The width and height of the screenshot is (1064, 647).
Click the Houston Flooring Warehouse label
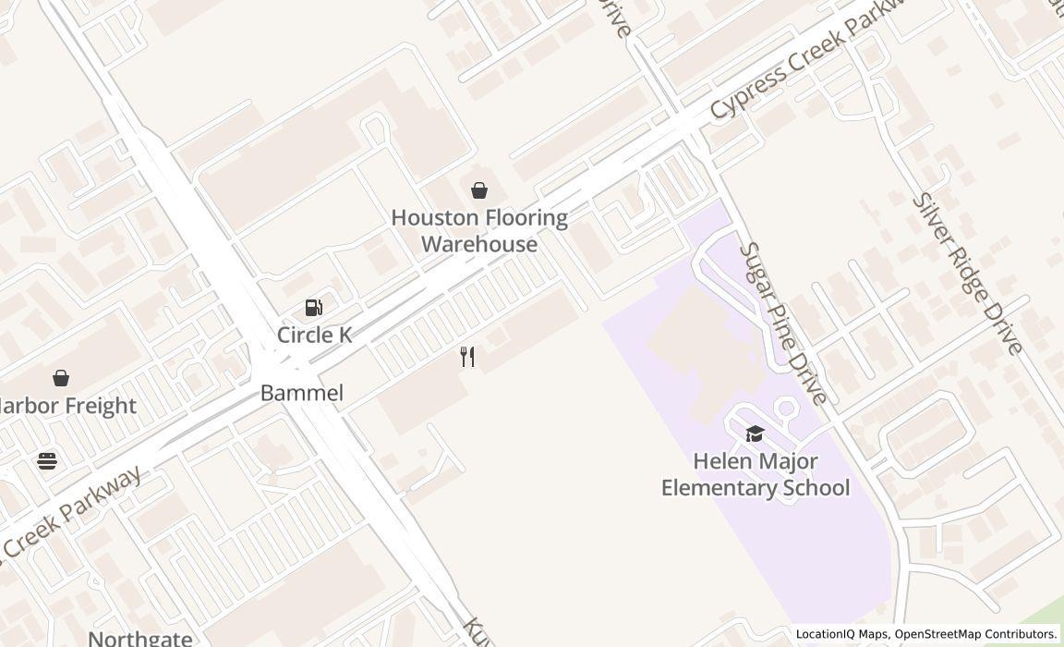pos(478,231)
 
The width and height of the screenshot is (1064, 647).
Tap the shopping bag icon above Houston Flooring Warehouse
pos(479,190)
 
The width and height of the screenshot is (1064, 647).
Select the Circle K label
pos(314,335)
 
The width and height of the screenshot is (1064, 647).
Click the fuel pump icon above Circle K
pos(314,308)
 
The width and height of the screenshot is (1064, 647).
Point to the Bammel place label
pos(301,393)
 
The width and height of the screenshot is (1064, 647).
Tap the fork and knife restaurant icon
pos(468,358)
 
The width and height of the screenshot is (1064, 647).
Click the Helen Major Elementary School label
pos(755,474)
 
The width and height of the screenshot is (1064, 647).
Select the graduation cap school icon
pos(755,434)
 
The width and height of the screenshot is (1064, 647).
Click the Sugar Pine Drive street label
pos(782,323)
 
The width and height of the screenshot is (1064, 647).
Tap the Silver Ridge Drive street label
pos(967,274)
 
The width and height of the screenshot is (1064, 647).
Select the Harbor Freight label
pos(66,406)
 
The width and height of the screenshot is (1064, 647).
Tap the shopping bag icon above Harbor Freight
pos(61,378)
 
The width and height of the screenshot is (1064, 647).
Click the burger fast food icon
pos(47,460)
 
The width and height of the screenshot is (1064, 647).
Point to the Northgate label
pos(140,638)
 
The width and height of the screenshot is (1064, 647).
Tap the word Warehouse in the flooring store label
pos(479,244)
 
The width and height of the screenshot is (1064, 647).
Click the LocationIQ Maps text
pos(842,634)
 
